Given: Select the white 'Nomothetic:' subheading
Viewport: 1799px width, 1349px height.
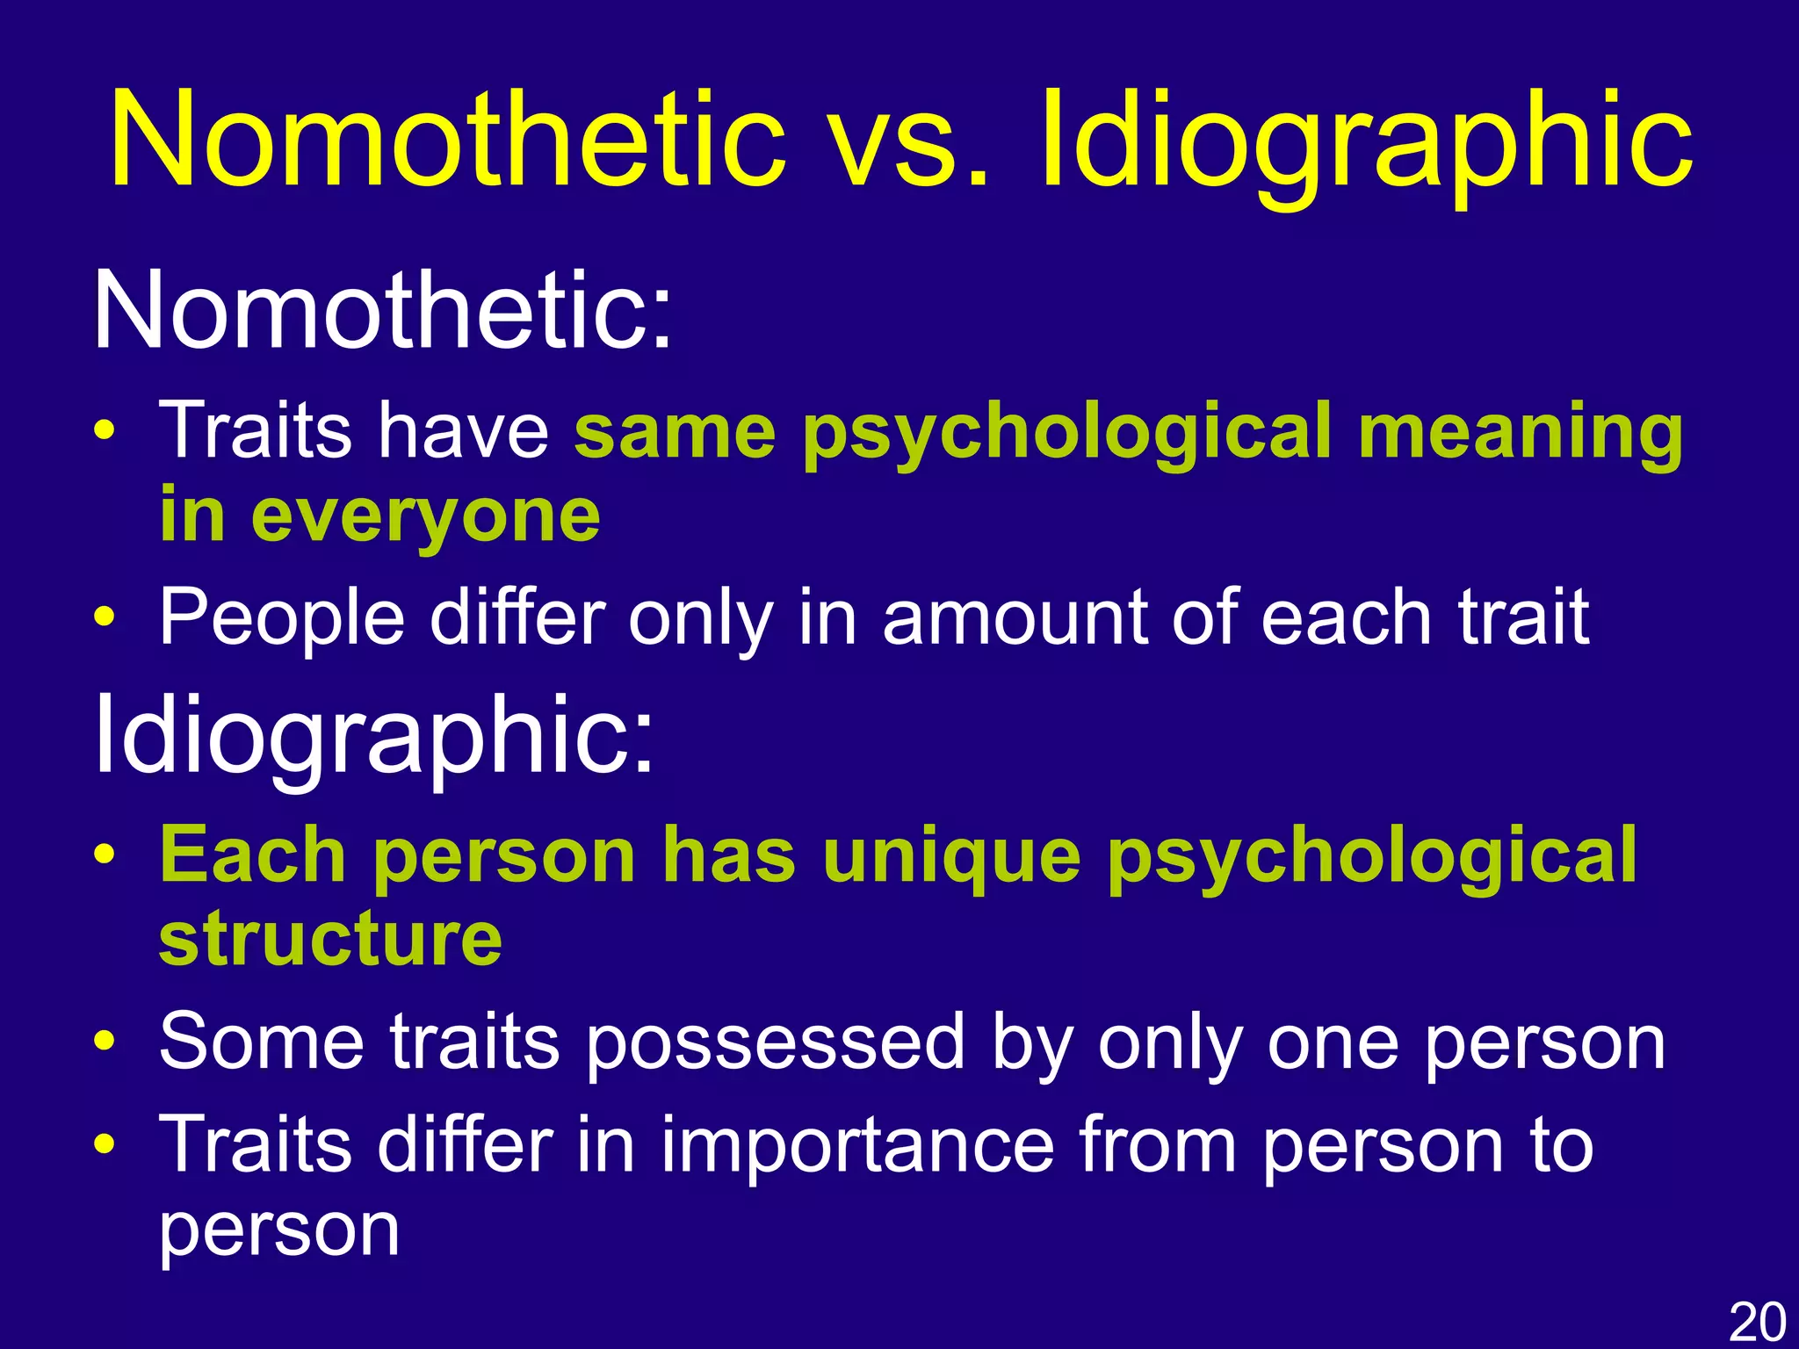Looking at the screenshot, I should (x=382, y=312).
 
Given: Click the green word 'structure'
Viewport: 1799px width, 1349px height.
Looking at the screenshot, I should (x=330, y=939).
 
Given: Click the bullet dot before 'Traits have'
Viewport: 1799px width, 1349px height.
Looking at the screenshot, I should (x=105, y=432).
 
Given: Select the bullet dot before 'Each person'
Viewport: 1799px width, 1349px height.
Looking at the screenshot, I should (x=105, y=856).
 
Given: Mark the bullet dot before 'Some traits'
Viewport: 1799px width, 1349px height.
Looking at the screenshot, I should (x=105, y=1042).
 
